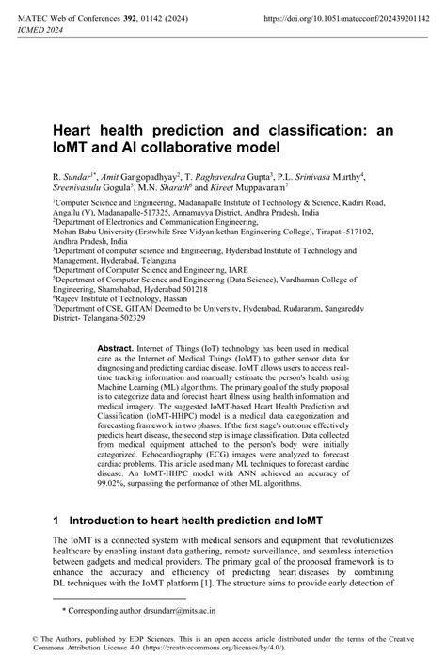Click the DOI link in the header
tap(347, 18)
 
